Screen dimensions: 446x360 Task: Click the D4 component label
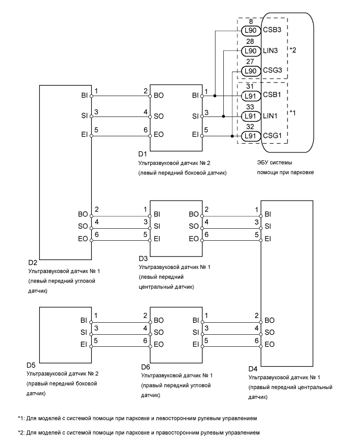[254, 369]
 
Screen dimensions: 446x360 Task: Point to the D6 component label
[146, 367]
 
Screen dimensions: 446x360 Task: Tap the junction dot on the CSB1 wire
[214, 96]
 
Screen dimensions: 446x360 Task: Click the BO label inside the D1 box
[159, 96]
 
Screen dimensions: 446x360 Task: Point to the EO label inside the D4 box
[270, 344]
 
